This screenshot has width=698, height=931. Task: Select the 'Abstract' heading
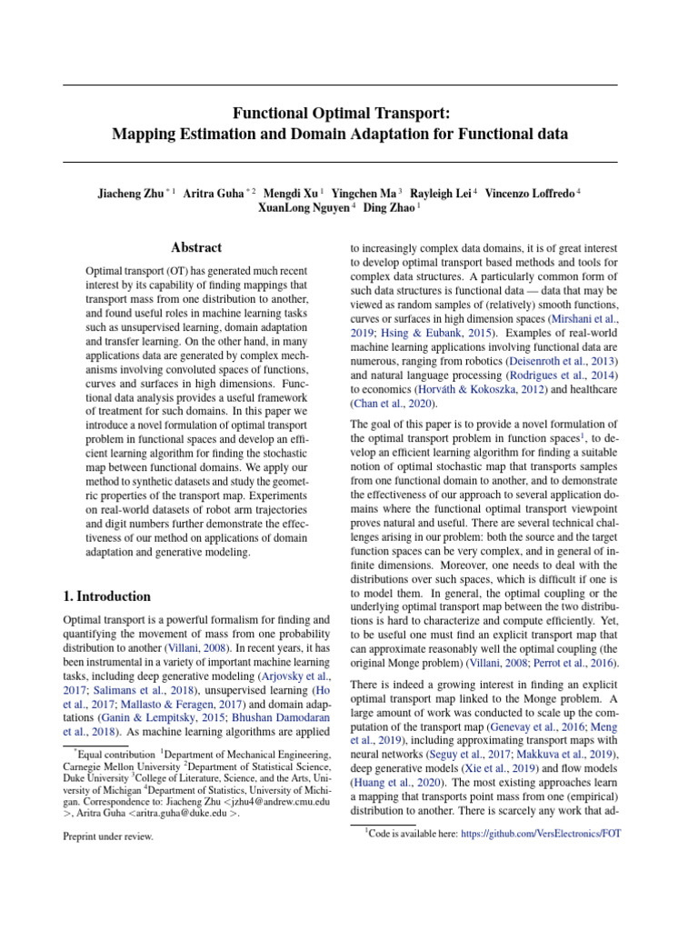point(196,247)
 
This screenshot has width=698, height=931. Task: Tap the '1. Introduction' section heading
point(107,596)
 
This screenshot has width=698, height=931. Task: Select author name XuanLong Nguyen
point(296,208)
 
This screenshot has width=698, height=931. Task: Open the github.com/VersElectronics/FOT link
point(541,833)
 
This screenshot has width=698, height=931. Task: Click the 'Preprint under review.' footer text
point(108,837)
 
